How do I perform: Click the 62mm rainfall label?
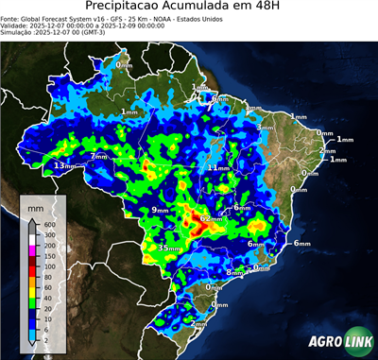tap(211, 218)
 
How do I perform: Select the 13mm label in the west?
tap(64, 166)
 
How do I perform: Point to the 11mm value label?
tap(219, 167)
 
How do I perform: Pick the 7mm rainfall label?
tap(99, 157)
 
